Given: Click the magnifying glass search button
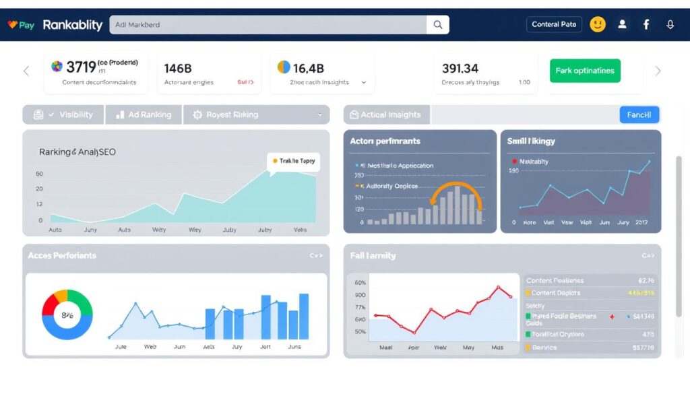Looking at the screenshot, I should click(438, 25).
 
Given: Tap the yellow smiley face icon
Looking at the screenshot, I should click(597, 24).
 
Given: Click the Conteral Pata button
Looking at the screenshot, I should click(553, 24).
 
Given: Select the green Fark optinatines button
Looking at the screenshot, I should click(585, 71).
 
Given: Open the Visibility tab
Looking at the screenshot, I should click(64, 114).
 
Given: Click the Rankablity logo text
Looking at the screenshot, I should click(73, 25).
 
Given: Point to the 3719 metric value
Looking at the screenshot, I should click(81, 67).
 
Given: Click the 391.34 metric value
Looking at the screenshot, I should click(460, 68).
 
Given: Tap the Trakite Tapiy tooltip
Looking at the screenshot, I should click(293, 161).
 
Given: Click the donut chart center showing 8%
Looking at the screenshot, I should click(67, 315).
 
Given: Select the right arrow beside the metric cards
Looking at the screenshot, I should click(658, 71).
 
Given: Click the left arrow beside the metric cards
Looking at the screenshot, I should click(26, 71).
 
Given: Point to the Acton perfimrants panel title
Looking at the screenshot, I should click(385, 141).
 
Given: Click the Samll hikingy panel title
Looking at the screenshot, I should click(531, 141).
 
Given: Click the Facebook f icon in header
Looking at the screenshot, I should click(646, 24).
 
